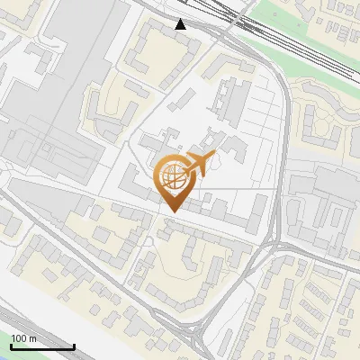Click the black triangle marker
click(181, 23)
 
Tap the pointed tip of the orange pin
click(172, 212)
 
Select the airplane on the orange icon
click(199, 166)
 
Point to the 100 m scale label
click(23, 337)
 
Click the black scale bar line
click(40, 346)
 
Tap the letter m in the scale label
click(32, 337)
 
